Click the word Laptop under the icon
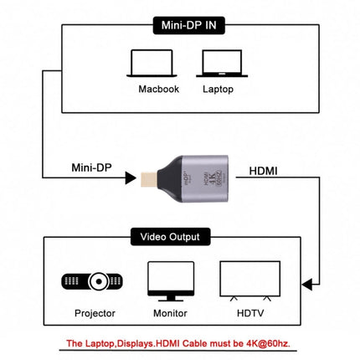tap(217, 88)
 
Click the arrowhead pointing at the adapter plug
tap(130, 177)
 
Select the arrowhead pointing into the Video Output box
tap(307, 284)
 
